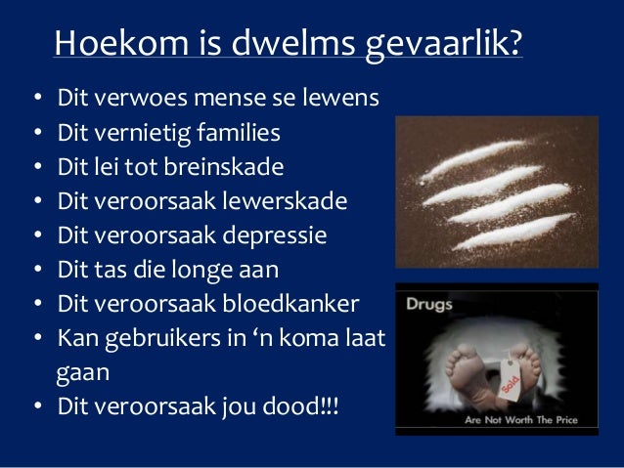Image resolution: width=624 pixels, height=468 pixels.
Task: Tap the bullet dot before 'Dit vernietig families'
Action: [x=35, y=133]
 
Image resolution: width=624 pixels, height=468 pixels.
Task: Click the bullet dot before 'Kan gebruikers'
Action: [x=35, y=338]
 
